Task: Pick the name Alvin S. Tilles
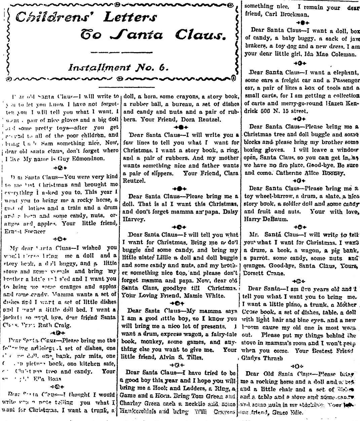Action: [x=182, y=357]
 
